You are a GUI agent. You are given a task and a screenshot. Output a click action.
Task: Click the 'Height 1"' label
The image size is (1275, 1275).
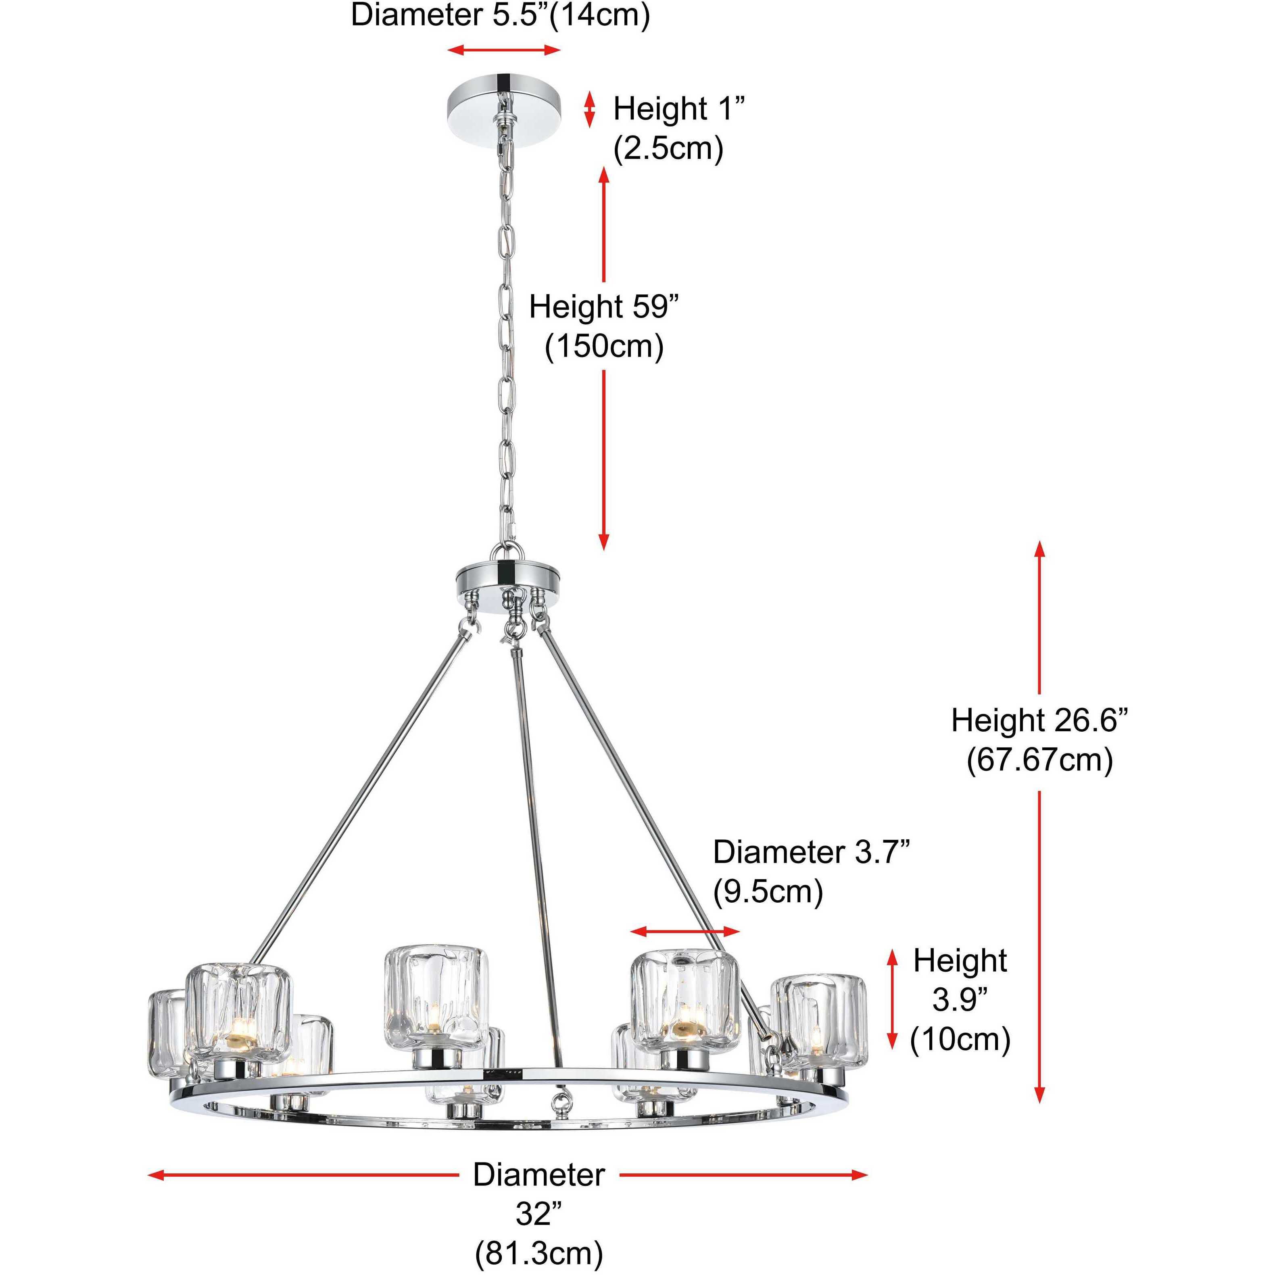678,109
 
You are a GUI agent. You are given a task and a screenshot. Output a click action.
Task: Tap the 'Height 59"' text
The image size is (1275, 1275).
604,307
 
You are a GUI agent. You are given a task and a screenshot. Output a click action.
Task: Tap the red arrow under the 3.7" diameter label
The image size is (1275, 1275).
685,932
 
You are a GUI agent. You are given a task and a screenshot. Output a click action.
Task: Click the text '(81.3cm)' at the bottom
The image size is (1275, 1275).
538,1252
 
